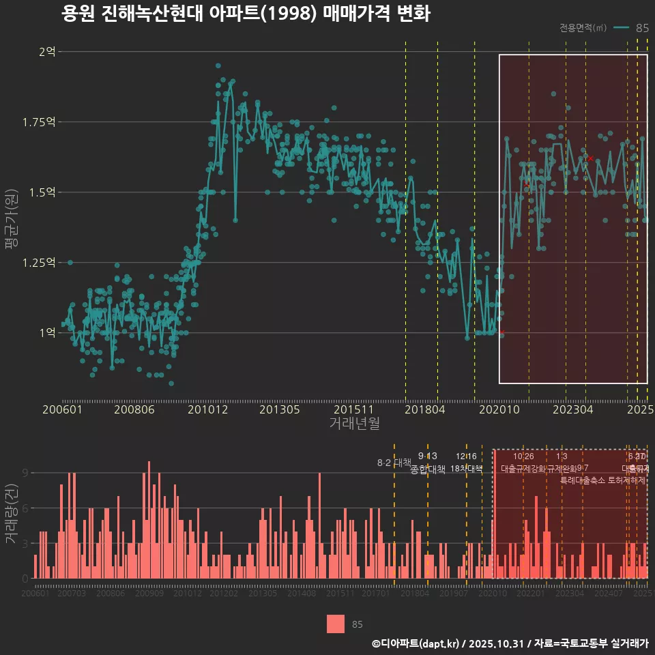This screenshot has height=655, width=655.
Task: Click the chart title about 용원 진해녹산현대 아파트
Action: pyautogui.click(x=245, y=14)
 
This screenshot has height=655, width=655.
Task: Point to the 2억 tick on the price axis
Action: pyautogui.click(x=47, y=51)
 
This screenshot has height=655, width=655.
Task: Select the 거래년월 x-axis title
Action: pyautogui.click(x=354, y=423)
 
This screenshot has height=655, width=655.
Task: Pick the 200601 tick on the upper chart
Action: pyautogui.click(x=62, y=409)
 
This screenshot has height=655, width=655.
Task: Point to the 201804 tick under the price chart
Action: pyautogui.click(x=426, y=409)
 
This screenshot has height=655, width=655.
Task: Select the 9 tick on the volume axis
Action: pyautogui.click(x=25, y=473)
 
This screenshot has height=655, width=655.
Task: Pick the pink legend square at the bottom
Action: pyautogui.click(x=335, y=624)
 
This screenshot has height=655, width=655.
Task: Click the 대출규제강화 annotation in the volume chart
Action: pyautogui.click(x=523, y=469)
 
